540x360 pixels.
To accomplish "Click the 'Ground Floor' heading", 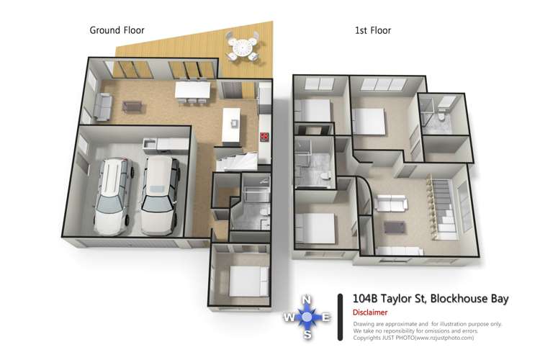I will tap(117, 30).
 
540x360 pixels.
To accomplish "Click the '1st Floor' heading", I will tap(372, 30).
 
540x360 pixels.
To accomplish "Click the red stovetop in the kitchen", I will tap(264, 137).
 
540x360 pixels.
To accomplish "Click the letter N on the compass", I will tap(306, 300).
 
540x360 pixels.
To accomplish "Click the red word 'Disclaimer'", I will tap(370, 312).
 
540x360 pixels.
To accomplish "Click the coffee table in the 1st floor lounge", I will tap(394, 228).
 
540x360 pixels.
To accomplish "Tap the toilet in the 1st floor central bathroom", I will tap(325, 175).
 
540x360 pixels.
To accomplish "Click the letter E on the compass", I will tap(325, 318).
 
